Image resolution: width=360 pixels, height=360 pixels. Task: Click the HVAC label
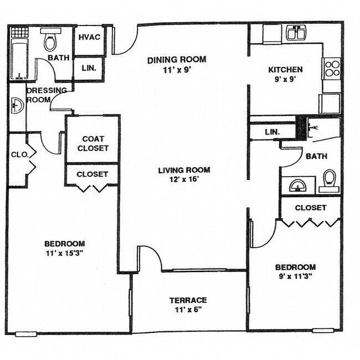tap(89, 37)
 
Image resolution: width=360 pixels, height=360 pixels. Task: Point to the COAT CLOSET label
tap(92, 143)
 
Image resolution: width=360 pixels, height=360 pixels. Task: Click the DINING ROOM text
tap(177, 59)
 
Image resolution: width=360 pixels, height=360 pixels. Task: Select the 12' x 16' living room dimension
tap(183, 180)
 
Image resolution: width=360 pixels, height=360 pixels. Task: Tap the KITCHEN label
tap(285, 70)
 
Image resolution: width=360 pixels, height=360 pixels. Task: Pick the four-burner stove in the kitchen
tap(332, 68)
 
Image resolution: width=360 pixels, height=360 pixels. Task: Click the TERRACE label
tap(188, 300)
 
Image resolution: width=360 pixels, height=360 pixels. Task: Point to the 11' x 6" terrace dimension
tap(188, 310)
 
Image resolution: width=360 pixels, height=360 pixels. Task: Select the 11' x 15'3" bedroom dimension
tap(64, 254)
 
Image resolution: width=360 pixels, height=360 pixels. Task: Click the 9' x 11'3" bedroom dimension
tap(296, 276)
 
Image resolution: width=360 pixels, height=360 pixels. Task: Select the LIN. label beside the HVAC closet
tap(89, 68)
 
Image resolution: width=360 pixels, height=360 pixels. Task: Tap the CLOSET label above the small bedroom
tap(310, 208)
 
